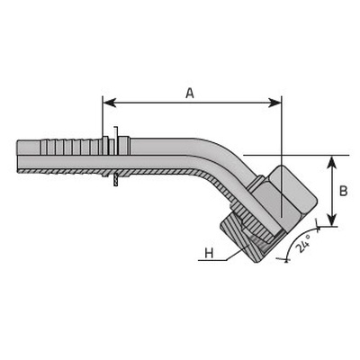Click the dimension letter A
click(x=190, y=94)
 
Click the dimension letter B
click(x=344, y=191)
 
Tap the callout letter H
click(x=209, y=254)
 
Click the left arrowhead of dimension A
click(x=110, y=103)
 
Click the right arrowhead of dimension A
click(x=275, y=103)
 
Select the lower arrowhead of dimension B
click(x=331, y=220)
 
